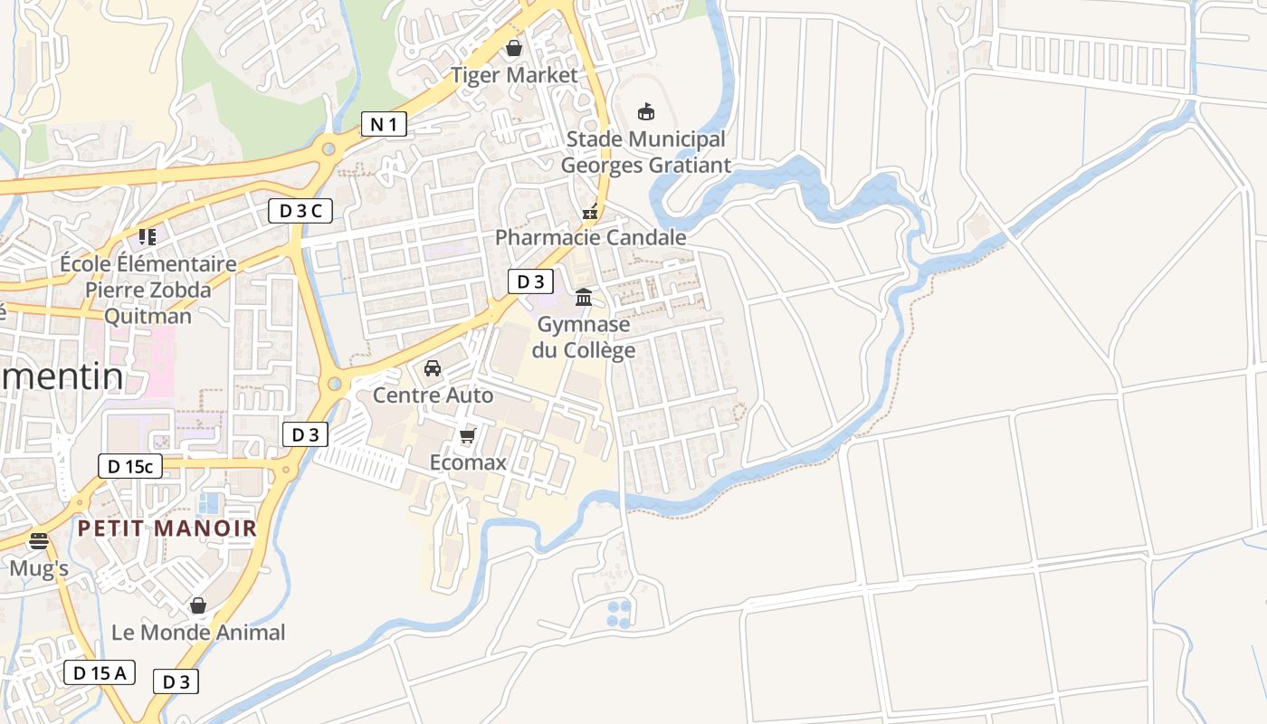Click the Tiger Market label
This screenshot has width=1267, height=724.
point(514,75)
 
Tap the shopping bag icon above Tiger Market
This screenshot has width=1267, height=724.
point(514,47)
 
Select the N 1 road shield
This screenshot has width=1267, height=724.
point(384,124)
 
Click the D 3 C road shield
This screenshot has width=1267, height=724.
point(300,211)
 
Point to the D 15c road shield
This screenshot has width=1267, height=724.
point(130,466)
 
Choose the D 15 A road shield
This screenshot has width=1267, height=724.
point(100,672)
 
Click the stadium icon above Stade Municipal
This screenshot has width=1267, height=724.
point(645,111)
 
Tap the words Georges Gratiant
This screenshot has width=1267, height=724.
point(645,166)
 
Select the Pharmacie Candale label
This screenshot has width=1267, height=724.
point(590,237)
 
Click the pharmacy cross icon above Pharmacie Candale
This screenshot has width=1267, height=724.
point(590,213)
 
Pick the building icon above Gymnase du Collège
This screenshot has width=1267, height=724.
point(584,297)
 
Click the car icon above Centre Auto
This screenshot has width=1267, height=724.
point(433,368)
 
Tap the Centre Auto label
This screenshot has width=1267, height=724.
point(433,395)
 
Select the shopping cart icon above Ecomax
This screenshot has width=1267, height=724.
point(467,437)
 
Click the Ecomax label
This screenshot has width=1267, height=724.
point(467,462)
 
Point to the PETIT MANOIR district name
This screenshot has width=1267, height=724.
point(167,528)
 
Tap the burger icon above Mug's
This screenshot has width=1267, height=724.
point(39,541)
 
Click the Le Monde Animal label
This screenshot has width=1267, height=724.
point(198,632)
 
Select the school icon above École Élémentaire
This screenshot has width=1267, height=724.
point(148,237)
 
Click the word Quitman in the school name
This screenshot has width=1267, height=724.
point(148,316)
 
